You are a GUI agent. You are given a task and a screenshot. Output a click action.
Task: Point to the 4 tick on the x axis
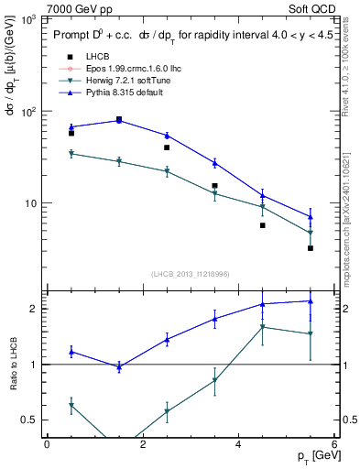pos(238,442)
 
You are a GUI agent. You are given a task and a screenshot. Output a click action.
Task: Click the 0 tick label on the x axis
pos(47,442)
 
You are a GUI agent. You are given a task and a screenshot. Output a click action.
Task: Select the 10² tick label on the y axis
pos(29,111)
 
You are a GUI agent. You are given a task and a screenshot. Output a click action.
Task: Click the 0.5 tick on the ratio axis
pos(29,420)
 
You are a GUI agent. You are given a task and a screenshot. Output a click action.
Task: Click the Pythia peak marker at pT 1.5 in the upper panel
pos(119,120)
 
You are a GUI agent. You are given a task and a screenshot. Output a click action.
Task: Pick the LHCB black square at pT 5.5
pos(311,248)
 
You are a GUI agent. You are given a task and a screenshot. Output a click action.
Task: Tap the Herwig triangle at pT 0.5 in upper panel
pos(71,154)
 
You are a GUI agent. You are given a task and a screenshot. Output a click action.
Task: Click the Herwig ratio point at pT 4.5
pos(263,327)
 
